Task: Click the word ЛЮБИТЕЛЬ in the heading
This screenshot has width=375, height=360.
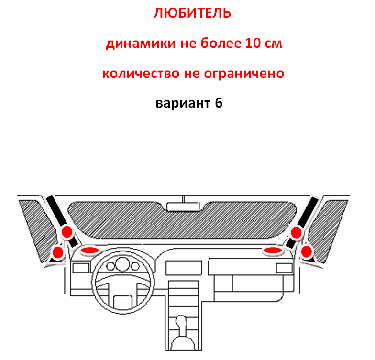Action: coord(192,13)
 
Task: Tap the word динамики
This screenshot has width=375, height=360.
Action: coord(141,44)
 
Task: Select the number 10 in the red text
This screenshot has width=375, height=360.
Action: coord(253,43)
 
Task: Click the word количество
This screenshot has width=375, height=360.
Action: coord(141,74)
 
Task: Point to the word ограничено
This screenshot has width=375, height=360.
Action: coord(244,74)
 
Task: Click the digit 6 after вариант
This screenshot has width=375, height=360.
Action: coord(219,103)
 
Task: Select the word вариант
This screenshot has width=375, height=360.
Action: coord(183,103)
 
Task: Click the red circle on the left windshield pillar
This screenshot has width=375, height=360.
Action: coord(67,231)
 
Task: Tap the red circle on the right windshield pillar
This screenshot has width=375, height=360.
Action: coord(296,232)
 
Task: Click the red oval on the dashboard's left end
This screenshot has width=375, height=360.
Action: coord(90,251)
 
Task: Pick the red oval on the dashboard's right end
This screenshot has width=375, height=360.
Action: coord(273,251)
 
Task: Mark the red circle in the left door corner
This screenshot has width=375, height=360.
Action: coord(57,252)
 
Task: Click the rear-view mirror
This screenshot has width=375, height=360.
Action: coord(183,207)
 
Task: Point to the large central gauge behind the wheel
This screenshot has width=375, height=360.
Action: coord(122,265)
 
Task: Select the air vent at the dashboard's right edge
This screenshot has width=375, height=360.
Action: coord(284,268)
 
